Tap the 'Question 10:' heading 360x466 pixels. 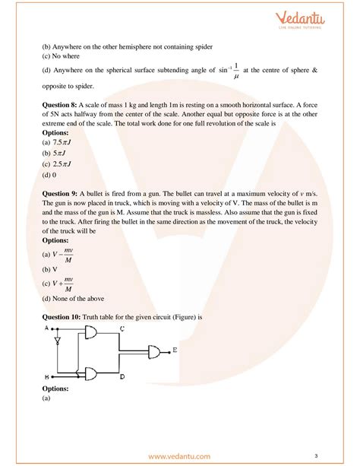point(65,315)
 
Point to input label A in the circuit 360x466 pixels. point(48,328)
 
